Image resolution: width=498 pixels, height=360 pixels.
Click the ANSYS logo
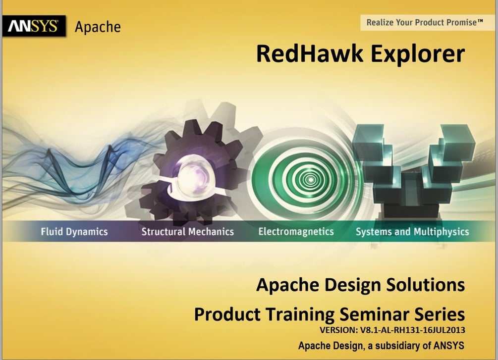pos(34,26)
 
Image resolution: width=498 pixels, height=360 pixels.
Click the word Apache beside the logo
pos(98,27)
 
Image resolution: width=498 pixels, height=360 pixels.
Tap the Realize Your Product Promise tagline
pos(425,23)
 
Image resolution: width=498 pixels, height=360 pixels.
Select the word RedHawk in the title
pos(309,53)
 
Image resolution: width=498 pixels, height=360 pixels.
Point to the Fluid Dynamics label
pos(74,232)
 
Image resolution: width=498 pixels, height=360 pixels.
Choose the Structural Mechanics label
pos(188,232)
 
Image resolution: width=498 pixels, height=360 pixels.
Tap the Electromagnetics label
pos(296,232)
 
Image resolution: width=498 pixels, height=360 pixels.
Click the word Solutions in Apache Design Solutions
pos(426,284)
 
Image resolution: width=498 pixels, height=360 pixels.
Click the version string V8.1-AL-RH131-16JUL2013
pos(413,330)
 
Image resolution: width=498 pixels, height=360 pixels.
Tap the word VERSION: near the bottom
pos(338,330)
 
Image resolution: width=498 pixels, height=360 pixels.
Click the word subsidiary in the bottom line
pos(397,346)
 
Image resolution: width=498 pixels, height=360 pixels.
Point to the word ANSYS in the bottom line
pos(449,346)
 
